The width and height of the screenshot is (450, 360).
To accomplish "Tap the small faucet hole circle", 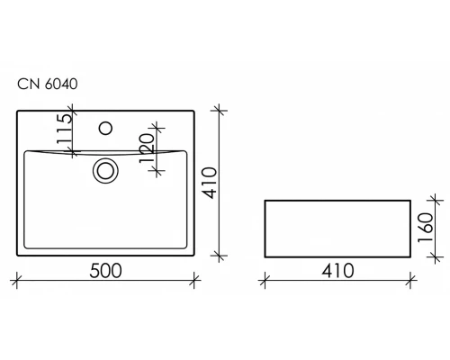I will coord(107,129).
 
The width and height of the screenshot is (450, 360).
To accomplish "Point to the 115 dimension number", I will coord(62,131).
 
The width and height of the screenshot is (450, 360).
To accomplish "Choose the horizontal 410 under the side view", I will coord(335,270).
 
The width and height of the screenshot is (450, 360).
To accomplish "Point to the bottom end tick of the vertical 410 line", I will coord(220,257).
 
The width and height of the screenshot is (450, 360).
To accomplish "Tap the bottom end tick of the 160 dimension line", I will coord(438,257).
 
